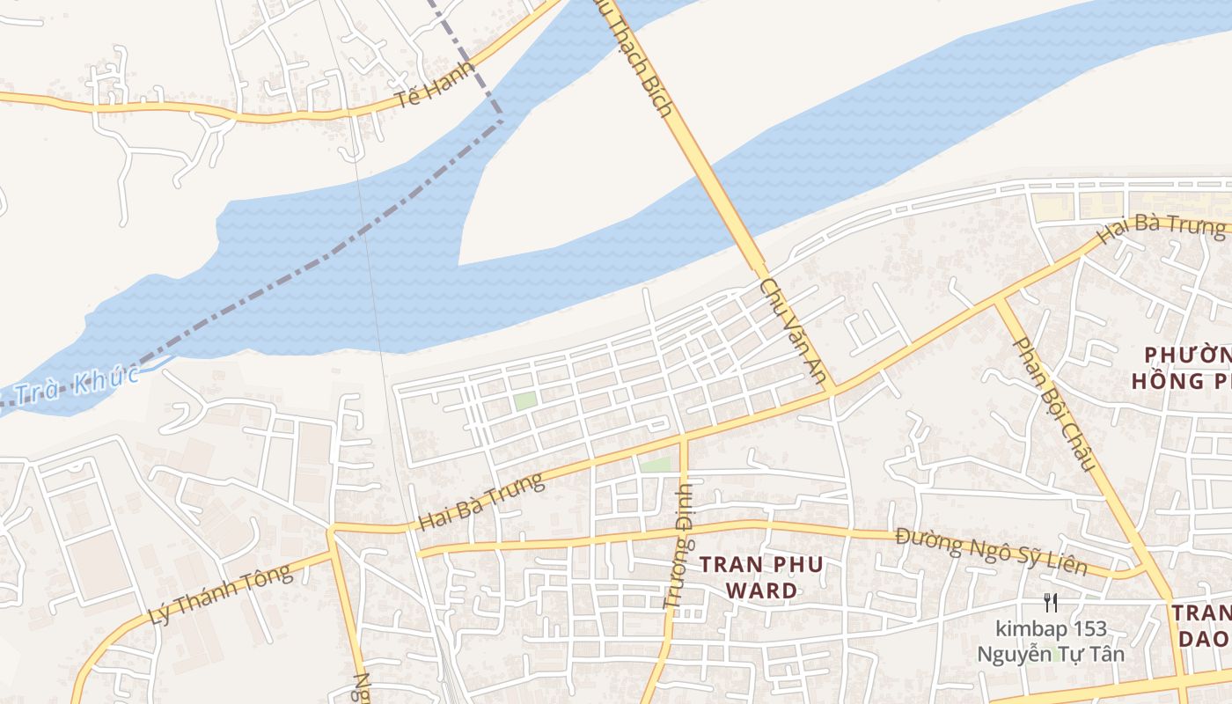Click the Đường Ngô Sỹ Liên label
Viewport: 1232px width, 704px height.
click(991, 552)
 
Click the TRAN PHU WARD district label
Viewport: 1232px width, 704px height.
click(761, 577)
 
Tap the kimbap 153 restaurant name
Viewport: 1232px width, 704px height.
click(1051, 629)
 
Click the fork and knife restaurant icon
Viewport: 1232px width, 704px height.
click(1050, 603)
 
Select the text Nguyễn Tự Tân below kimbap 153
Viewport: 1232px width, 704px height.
click(1051, 655)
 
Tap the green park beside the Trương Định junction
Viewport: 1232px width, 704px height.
click(655, 464)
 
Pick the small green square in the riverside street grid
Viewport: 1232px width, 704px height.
click(525, 400)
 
